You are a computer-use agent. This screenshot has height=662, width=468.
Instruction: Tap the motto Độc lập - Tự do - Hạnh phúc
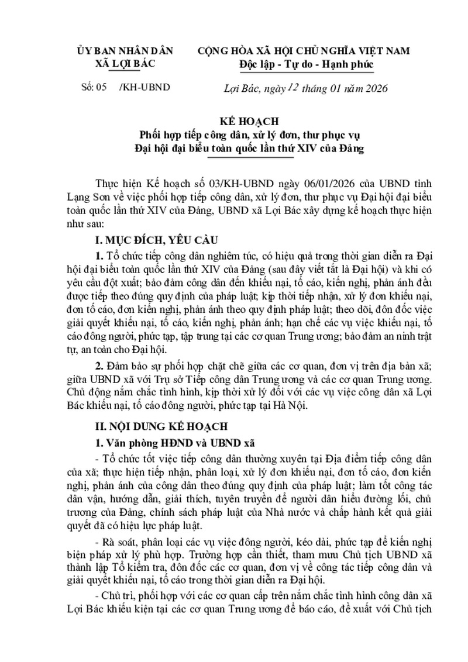coord(306,63)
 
